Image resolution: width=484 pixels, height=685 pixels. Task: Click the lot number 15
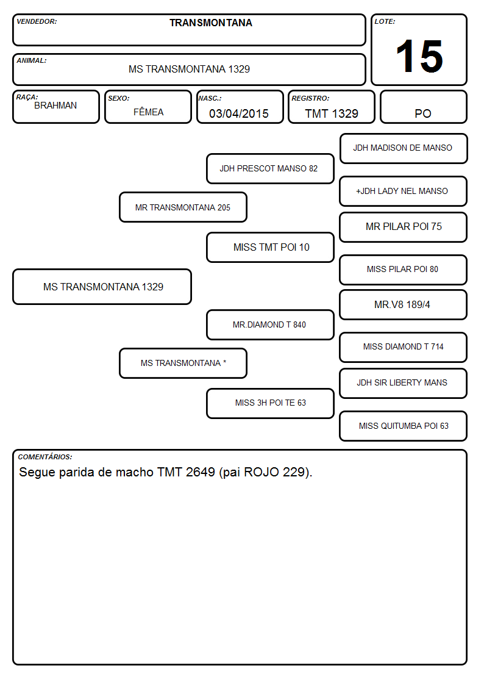click(419, 56)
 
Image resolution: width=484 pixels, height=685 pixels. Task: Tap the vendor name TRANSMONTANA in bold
click(211, 23)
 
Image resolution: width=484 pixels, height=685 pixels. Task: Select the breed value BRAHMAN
click(55, 106)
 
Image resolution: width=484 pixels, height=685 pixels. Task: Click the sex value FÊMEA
click(148, 112)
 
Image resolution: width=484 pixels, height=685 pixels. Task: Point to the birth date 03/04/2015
click(239, 113)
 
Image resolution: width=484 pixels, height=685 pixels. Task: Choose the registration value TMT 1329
click(332, 113)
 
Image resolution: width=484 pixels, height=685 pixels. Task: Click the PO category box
click(423, 107)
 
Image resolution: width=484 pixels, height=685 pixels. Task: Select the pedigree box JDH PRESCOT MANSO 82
click(270, 168)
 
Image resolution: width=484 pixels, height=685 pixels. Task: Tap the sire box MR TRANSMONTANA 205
click(183, 207)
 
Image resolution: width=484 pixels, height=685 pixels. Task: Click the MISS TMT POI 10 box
click(270, 247)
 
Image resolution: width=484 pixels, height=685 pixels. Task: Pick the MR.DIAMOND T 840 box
click(270, 325)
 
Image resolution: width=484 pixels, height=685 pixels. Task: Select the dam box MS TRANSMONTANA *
click(183, 363)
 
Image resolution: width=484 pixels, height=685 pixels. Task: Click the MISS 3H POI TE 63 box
click(270, 403)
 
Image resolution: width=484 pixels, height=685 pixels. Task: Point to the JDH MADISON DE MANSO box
click(404, 149)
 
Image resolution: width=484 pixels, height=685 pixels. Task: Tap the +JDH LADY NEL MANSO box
click(404, 191)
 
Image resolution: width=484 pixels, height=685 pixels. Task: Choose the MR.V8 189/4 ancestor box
click(404, 304)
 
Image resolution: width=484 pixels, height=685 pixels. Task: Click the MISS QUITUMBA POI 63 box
click(404, 426)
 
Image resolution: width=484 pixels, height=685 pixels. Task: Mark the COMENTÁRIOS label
click(45, 457)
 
